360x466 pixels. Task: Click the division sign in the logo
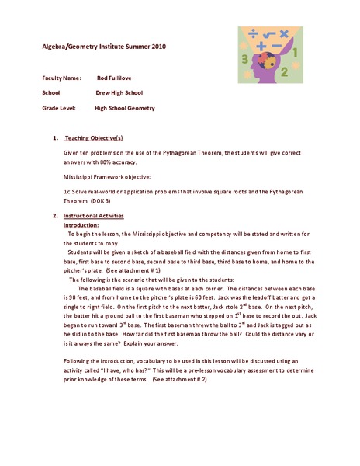[x=254, y=33]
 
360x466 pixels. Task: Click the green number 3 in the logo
[x=245, y=59]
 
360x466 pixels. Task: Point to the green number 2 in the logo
[x=285, y=72]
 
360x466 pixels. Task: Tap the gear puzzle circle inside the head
[x=265, y=62]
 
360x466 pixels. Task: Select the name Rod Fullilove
[x=115, y=78]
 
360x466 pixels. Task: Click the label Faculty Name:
[x=61, y=78]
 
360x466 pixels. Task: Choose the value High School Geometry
[x=125, y=108]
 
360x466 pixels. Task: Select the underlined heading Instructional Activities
[x=94, y=214]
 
